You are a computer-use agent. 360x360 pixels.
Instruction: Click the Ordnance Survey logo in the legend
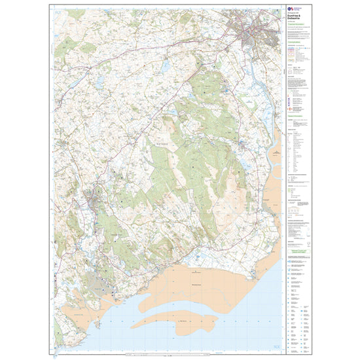(291, 9)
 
